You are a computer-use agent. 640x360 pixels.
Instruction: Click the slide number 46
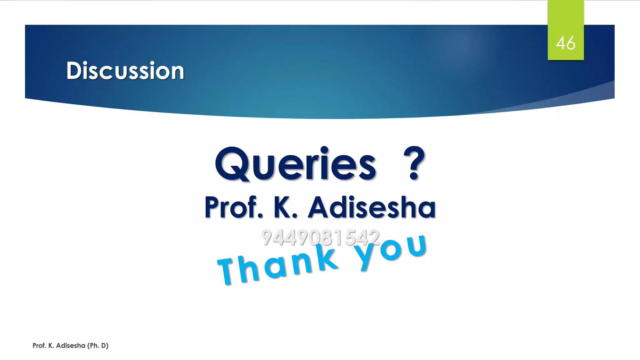[565, 43]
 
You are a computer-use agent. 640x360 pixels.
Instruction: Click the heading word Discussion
[125, 71]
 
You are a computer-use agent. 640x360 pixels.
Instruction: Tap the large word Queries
[295, 164]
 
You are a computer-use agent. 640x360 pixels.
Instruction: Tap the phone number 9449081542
[320, 237]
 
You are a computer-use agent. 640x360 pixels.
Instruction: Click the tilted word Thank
[278, 266]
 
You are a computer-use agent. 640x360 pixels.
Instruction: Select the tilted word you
[391, 250]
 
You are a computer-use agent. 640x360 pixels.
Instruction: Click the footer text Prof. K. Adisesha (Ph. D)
[70, 346]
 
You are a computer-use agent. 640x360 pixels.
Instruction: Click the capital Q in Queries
[232, 164]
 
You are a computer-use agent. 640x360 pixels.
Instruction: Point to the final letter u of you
[417, 245]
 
